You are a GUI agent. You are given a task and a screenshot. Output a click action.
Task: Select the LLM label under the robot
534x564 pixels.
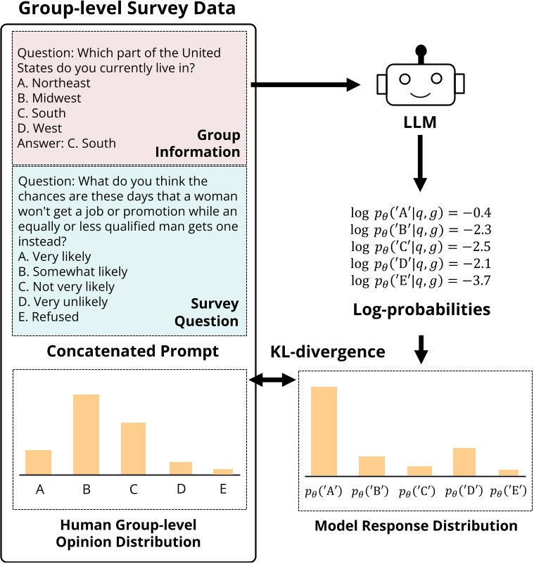click(x=421, y=124)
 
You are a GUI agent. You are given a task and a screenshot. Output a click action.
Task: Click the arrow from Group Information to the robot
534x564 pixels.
click(x=305, y=85)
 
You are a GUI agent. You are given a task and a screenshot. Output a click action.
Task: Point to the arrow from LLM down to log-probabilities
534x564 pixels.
click(x=421, y=164)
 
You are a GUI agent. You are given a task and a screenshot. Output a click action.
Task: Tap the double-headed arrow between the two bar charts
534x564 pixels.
click(x=274, y=380)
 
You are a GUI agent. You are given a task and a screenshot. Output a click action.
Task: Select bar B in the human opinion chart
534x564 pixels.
click(x=86, y=434)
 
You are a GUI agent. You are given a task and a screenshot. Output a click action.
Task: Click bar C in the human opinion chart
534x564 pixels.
click(x=133, y=448)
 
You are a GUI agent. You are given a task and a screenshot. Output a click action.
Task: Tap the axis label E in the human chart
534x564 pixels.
click(x=222, y=489)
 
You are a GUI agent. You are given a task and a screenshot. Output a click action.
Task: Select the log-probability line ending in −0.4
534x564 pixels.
click(x=420, y=212)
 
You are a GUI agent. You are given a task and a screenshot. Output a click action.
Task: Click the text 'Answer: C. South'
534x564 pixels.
click(x=67, y=143)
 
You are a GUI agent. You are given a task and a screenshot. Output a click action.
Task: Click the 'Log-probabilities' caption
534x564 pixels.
click(x=420, y=309)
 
